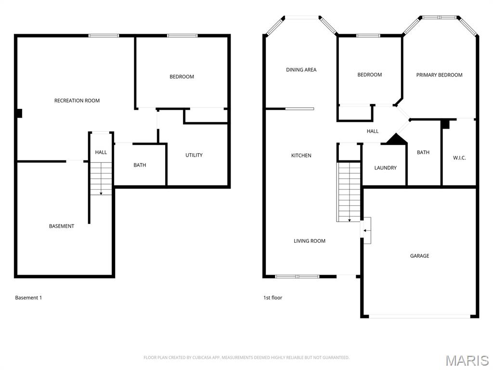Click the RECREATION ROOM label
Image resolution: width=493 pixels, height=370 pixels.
pyautogui.click(x=77, y=101)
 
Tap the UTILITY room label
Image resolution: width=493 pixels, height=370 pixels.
pyautogui.click(x=194, y=155)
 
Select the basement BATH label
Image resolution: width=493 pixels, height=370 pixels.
pyautogui.click(x=140, y=165)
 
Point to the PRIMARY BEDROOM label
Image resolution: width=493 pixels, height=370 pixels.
pyautogui.click(x=439, y=75)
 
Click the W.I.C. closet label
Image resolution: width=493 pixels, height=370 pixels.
pyautogui.click(x=459, y=158)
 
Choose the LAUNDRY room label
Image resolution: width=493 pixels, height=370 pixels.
pyautogui.click(x=385, y=168)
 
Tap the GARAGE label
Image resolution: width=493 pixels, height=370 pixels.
pyautogui.click(x=419, y=256)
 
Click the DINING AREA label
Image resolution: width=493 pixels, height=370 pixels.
pyautogui.click(x=301, y=70)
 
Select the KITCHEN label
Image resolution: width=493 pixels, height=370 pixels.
pyautogui.click(x=301, y=156)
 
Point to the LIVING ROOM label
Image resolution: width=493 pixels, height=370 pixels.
pyautogui.click(x=310, y=241)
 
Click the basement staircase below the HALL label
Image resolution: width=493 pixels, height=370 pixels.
pyautogui.click(x=101, y=179)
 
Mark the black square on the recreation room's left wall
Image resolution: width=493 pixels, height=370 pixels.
pyautogui.click(x=19, y=113)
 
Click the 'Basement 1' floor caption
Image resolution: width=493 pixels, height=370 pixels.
pyautogui.click(x=28, y=298)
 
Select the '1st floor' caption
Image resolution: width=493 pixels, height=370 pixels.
pyautogui.click(x=272, y=298)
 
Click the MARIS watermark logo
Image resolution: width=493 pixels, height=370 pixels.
pyautogui.click(x=467, y=360)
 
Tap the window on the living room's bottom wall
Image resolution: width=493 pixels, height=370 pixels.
pyautogui.click(x=297, y=277)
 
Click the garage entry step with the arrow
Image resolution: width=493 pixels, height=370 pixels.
pyautogui.click(x=366, y=230)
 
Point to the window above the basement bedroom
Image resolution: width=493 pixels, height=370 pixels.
pyautogui.click(x=182, y=35)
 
